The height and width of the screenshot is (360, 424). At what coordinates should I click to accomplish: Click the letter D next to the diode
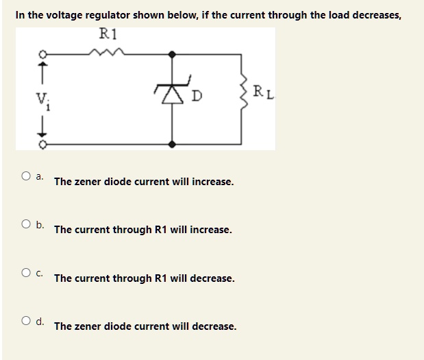[195, 94]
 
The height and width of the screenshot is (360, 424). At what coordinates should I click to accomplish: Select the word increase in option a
[212, 182]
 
